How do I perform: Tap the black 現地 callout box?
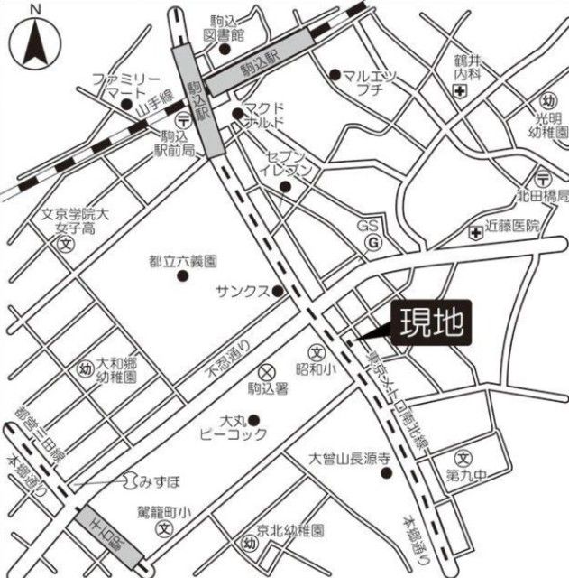pyautogui.click(x=430, y=322)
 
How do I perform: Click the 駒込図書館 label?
pyautogui.click(x=225, y=28)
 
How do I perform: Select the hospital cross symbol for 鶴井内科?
pyautogui.click(x=460, y=93)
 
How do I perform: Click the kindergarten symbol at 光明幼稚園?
pyautogui.click(x=547, y=99)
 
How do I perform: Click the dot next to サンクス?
pyautogui.click(x=279, y=291)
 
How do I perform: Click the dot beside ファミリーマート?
pyautogui.click(x=126, y=103)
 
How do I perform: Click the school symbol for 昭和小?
pyautogui.click(x=317, y=352)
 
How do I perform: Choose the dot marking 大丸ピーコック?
pyautogui.click(x=254, y=419)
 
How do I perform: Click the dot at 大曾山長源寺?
pyautogui.click(x=385, y=473)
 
